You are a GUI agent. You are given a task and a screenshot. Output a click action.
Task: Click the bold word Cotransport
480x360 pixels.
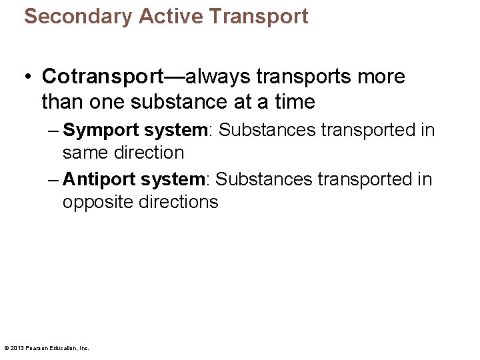point(103,77)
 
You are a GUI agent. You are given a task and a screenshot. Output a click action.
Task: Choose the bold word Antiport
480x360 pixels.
point(98,179)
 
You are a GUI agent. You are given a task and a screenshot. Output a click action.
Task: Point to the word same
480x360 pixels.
point(83,153)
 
